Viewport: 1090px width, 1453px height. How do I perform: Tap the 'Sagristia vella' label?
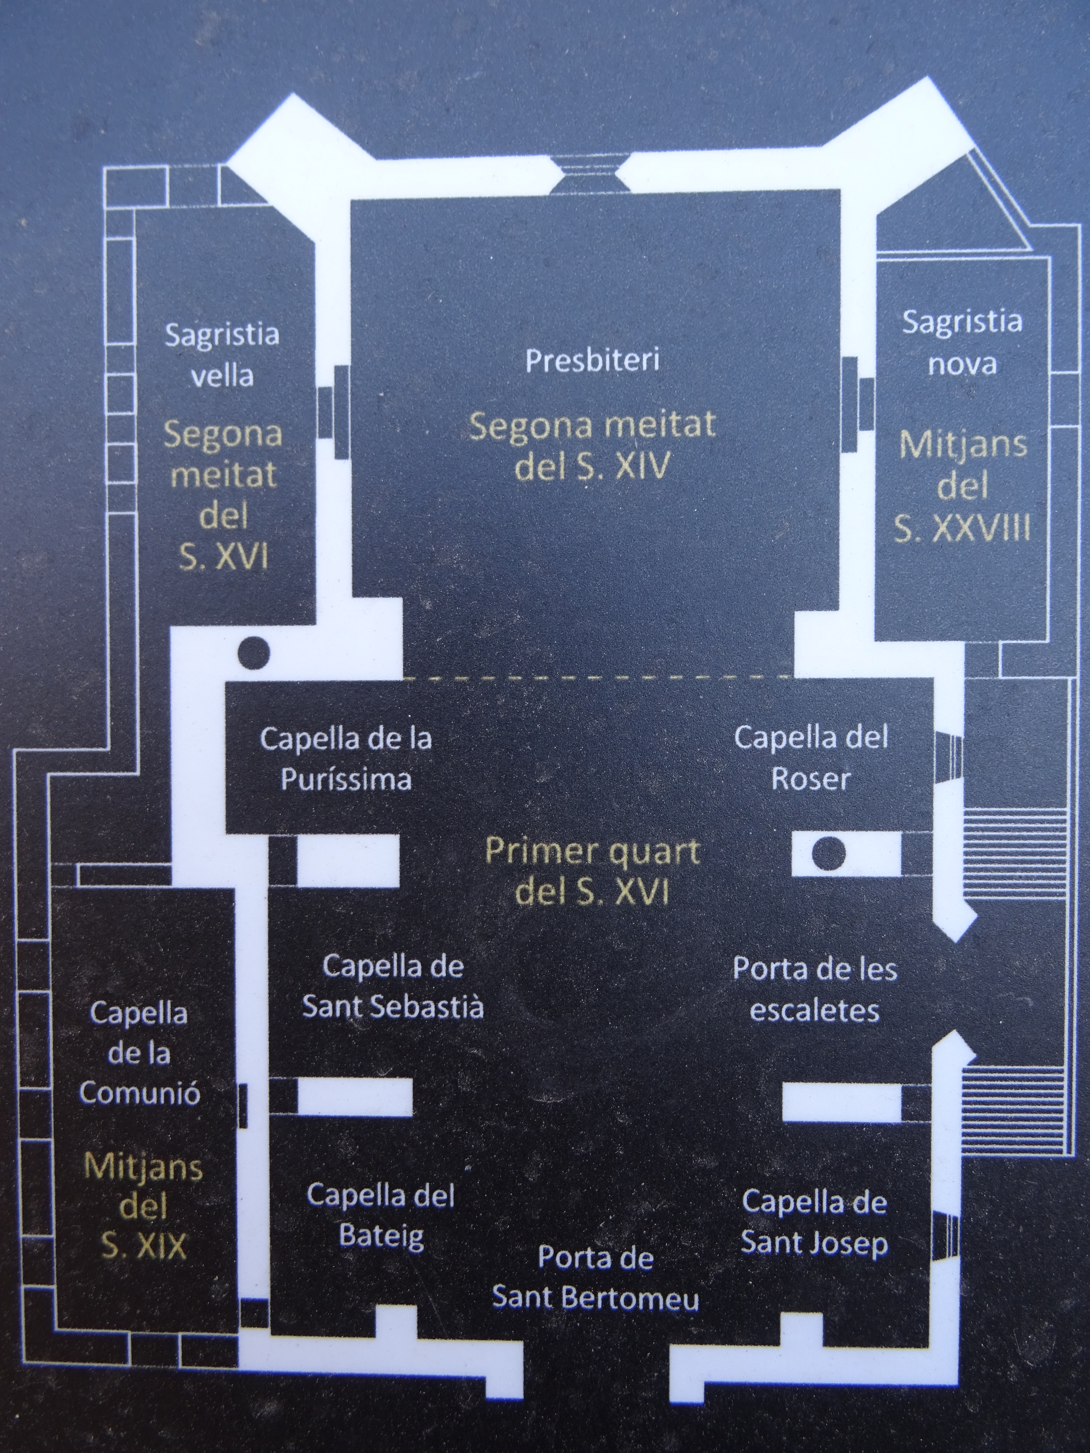[x=222, y=355]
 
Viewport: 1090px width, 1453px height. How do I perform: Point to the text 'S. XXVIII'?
[x=962, y=528]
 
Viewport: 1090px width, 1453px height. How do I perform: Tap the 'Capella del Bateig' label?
[x=381, y=1216]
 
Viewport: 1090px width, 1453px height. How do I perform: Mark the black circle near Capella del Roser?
[x=829, y=853]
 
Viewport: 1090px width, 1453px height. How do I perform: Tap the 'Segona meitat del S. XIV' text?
[x=592, y=446]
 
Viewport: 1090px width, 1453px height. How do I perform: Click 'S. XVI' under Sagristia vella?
[x=223, y=559]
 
